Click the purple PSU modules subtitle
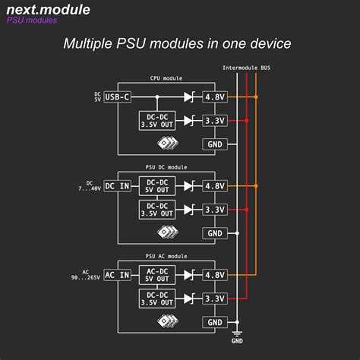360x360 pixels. tap(32, 21)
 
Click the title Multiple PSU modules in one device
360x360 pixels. tap(176, 44)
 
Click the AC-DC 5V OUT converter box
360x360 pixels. tap(157, 275)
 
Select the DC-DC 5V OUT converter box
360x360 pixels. tap(157, 186)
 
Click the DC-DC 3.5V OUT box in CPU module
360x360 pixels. tap(157, 121)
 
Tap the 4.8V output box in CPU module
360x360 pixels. tap(215, 97)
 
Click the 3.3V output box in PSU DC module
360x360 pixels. tap(215, 210)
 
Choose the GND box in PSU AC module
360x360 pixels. tap(215, 322)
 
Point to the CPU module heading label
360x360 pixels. tap(166, 78)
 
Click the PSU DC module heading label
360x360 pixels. tap(166, 167)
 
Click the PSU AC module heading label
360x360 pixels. tap(166, 256)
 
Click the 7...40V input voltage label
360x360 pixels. tap(90, 189)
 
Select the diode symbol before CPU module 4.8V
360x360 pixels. tap(190, 97)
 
